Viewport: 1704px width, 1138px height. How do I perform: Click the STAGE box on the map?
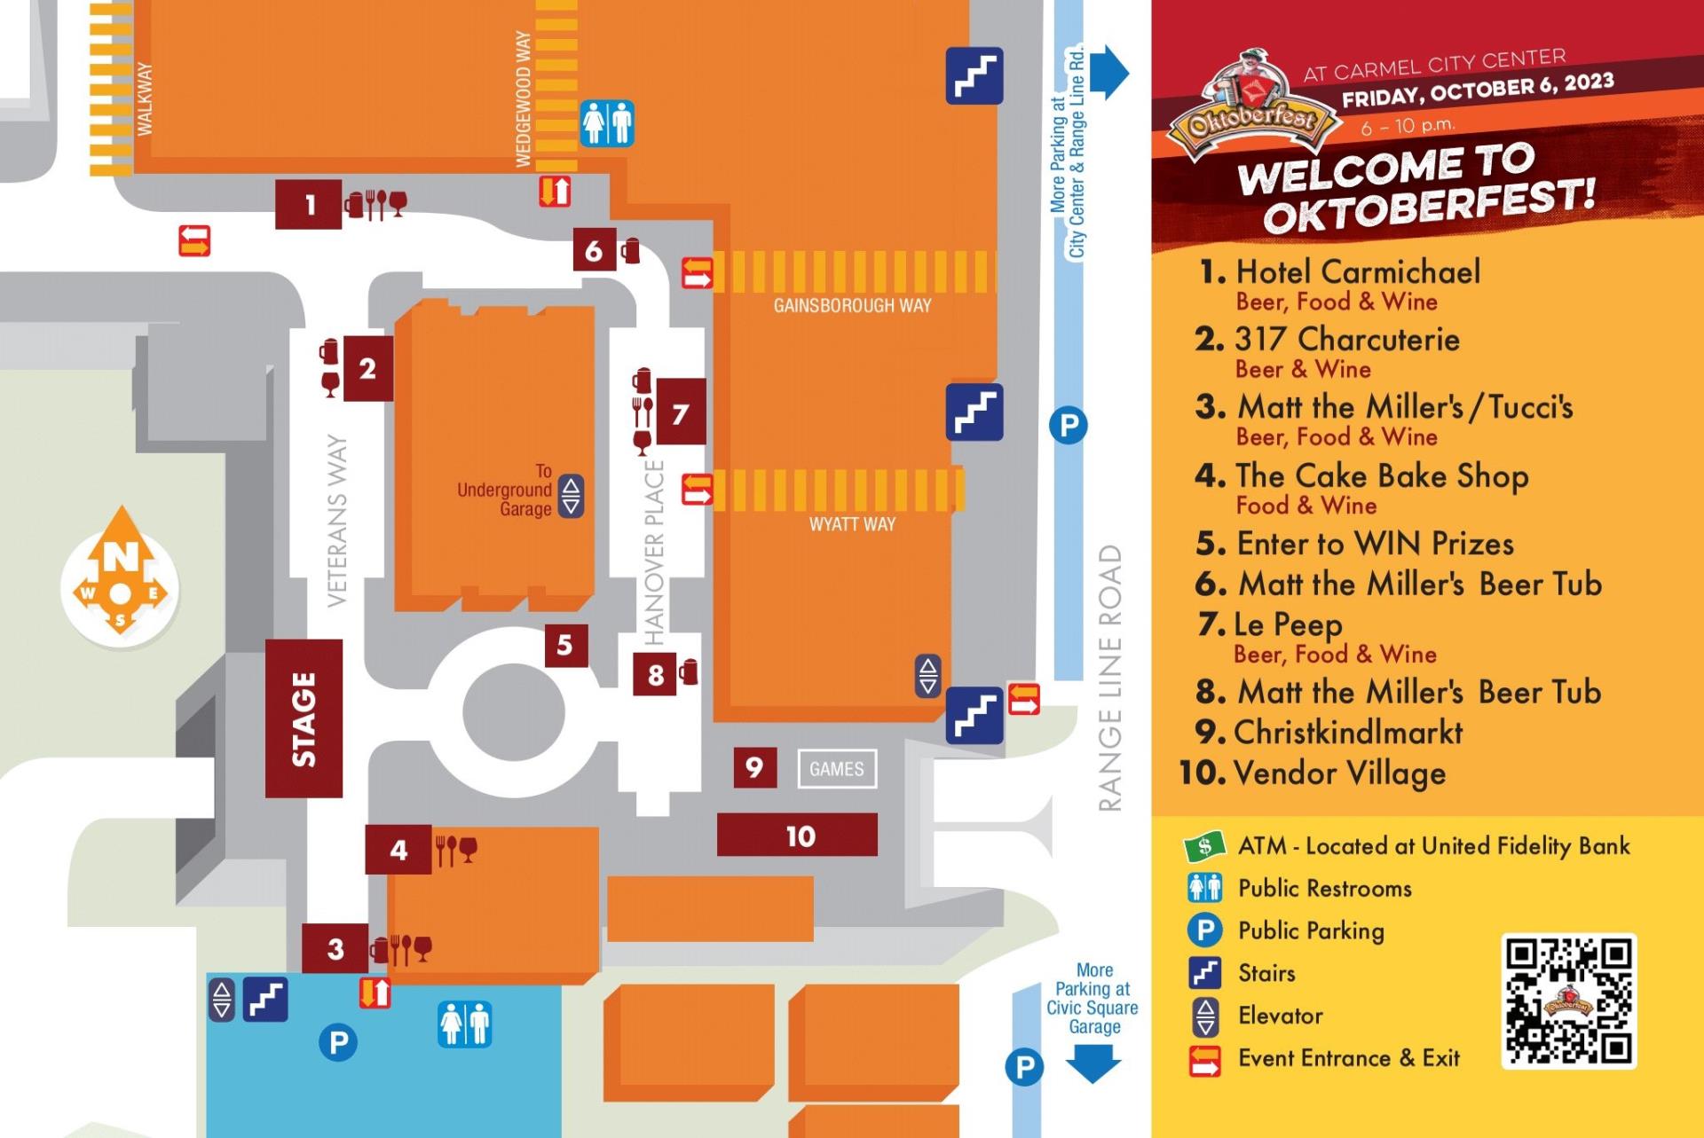pos(304,718)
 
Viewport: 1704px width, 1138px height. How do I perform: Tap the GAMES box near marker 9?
pos(837,769)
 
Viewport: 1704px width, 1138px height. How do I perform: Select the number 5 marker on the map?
pos(565,645)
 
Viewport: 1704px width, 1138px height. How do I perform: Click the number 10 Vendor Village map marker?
pos(797,836)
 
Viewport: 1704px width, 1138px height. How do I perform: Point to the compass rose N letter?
pos(121,557)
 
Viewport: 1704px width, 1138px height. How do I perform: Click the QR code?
pos(1568,1001)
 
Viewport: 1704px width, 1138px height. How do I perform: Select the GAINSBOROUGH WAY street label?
pos(852,306)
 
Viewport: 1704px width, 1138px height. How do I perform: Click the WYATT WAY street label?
pos(852,524)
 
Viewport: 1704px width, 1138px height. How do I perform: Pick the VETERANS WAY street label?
pos(337,520)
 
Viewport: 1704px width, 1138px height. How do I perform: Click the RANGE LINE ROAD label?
pos(1110,678)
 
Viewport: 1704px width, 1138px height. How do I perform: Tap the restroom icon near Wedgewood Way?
pos(607,123)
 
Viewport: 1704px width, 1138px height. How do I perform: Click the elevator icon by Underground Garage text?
pos(571,496)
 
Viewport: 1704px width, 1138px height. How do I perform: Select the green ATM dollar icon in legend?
pos(1204,846)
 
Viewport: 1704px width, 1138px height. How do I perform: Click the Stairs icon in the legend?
pos(1204,973)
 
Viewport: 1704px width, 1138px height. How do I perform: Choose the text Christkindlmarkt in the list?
pos(1347,733)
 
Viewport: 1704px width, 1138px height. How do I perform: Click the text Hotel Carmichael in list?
pos(1357,271)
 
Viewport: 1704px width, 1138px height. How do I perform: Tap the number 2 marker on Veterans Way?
pos(367,369)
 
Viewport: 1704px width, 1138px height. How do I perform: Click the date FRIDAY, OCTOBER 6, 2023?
pos(1477,90)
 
